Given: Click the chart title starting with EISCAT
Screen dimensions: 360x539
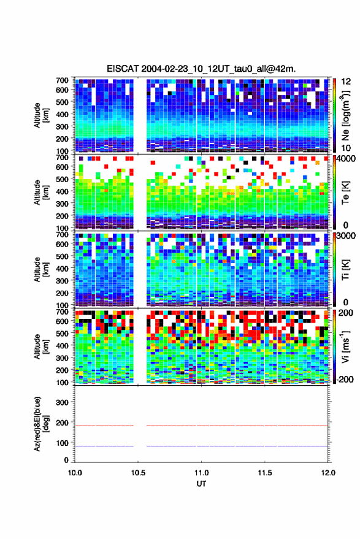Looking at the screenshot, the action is click(x=201, y=69).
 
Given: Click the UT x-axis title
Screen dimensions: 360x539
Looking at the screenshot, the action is click(x=201, y=484).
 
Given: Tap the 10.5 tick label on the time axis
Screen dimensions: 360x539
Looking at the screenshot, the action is click(x=138, y=473).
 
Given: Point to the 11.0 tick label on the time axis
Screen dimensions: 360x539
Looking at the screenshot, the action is click(x=201, y=473).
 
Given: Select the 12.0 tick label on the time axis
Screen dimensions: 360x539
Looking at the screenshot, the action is click(x=328, y=473).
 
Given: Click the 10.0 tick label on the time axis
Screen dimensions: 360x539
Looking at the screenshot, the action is click(x=75, y=473).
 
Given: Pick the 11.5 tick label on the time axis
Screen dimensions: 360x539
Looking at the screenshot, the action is click(x=264, y=473).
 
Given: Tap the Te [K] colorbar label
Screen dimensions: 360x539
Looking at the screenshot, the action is click(x=345, y=193).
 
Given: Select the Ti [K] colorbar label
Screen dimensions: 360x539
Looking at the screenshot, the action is click(x=345, y=270).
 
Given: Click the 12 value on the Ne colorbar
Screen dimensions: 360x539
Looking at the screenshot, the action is click(x=346, y=82).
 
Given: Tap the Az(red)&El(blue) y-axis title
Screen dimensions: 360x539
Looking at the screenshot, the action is click(x=41, y=424).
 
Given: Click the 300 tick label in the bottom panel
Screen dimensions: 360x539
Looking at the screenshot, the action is click(x=62, y=402).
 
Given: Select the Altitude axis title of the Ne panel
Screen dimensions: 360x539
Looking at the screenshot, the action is click(x=41, y=115).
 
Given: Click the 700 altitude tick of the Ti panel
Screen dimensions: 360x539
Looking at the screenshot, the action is click(x=62, y=234).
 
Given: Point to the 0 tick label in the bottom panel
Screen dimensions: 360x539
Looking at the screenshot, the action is click(x=66, y=460).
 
